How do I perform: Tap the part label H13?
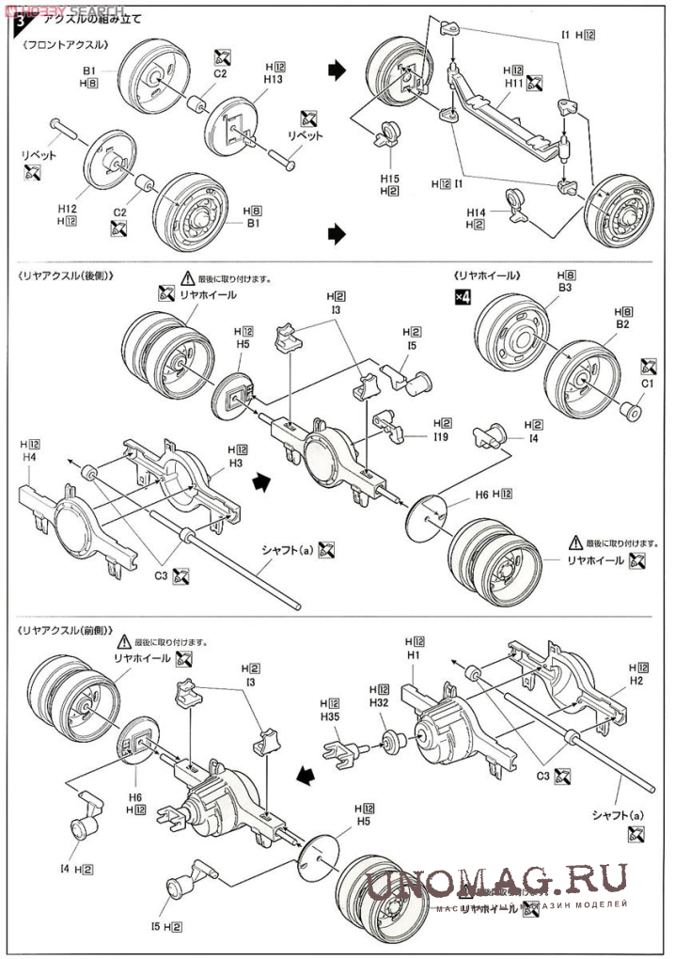pyautogui.click(x=274, y=80)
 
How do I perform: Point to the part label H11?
pyautogui.click(x=513, y=83)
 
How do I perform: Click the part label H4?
pyautogui.click(x=28, y=457)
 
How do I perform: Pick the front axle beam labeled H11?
pyautogui.click(x=498, y=122)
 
